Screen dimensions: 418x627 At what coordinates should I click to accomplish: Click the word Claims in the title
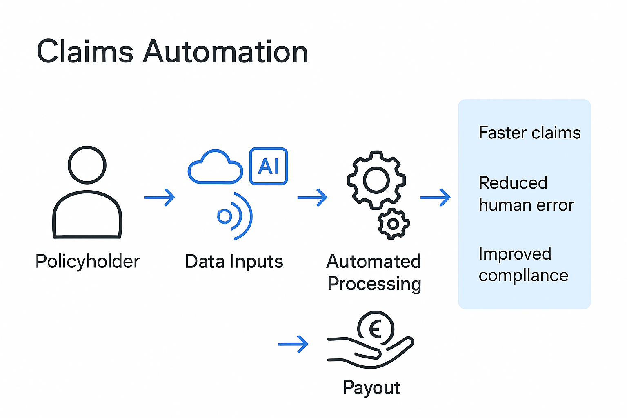point(85,52)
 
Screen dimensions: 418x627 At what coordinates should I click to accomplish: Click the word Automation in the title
point(225,52)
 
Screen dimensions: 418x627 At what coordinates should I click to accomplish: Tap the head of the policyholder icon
point(87,165)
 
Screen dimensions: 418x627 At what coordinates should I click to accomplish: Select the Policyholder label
point(87,262)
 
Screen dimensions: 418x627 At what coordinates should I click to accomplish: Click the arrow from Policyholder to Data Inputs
point(160,197)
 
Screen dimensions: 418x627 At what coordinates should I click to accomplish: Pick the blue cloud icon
point(215,167)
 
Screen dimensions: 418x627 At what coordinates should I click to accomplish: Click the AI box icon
point(269,166)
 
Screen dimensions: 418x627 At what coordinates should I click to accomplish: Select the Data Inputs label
point(234,262)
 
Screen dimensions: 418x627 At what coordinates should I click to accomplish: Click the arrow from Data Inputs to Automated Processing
point(312,197)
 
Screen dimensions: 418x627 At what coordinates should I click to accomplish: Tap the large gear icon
point(376,180)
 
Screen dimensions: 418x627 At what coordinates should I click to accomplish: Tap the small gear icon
point(394,224)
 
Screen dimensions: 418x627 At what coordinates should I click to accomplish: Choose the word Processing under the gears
point(374,284)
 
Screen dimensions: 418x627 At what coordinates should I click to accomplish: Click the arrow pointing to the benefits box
point(436,197)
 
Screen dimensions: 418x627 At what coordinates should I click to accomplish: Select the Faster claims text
point(529,133)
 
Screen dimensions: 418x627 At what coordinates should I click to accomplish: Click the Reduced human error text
point(526,194)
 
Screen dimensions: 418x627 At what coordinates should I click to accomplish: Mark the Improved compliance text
point(523,265)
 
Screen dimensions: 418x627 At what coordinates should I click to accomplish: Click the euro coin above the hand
point(376,328)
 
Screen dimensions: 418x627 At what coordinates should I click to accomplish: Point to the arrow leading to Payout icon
point(293,344)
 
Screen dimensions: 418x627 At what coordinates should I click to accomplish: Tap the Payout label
point(371,387)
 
